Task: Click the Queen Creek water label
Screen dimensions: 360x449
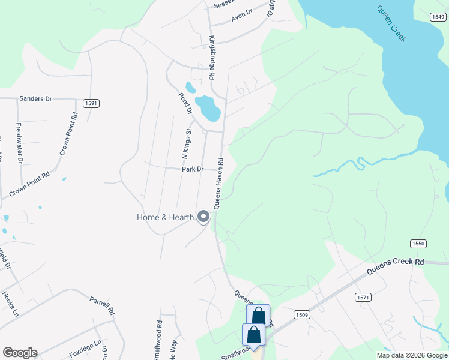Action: (x=391, y=24)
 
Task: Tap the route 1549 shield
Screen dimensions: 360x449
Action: (x=438, y=17)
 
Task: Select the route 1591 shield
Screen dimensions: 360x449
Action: (x=91, y=103)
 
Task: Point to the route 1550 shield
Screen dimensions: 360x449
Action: (x=418, y=243)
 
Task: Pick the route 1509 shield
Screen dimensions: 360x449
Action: (x=302, y=314)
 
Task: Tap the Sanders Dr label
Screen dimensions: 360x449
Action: (x=36, y=98)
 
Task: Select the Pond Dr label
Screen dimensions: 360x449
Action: (x=185, y=103)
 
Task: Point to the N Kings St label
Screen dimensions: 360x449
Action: (x=186, y=143)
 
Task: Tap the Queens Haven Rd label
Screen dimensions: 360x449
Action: (x=220, y=183)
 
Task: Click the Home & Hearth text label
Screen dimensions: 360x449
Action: (x=166, y=217)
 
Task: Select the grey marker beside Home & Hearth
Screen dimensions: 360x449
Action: (x=203, y=217)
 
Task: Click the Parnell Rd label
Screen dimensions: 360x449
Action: (x=102, y=306)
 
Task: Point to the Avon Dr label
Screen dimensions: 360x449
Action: (x=242, y=15)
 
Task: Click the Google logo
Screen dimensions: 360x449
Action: (x=20, y=353)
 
